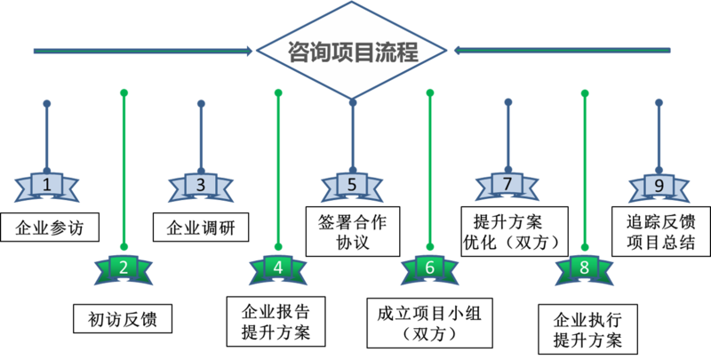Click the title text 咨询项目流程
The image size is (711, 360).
pyautogui.click(x=352, y=52)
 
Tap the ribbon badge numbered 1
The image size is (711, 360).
pyautogui.click(x=47, y=187)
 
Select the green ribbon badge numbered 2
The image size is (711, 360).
pyautogui.click(x=124, y=269)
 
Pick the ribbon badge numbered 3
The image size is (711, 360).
pyautogui.click(x=201, y=187)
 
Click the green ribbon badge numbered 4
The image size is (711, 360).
pyautogui.click(x=278, y=269)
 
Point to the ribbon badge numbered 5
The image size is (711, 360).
pyautogui.click(x=352, y=187)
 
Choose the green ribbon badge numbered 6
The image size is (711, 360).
pyautogui.click(x=430, y=269)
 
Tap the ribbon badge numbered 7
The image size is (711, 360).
pyautogui.click(x=507, y=186)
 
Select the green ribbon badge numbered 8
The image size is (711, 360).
pyautogui.click(x=585, y=269)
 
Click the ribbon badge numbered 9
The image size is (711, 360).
pyautogui.click(x=659, y=187)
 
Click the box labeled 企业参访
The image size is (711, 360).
pyautogui.click(x=50, y=228)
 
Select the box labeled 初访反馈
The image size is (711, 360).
pyautogui.click(x=123, y=319)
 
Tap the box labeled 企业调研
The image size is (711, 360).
pyautogui.click(x=201, y=228)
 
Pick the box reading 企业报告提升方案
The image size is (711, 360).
pyautogui.click(x=276, y=322)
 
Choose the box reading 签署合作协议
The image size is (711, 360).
pyautogui.click(x=353, y=232)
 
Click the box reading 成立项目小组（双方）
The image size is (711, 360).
pyautogui.click(x=430, y=323)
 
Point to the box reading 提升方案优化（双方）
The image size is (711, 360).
pyautogui.click(x=515, y=232)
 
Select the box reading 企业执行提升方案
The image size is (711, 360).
pyautogui.click(x=587, y=329)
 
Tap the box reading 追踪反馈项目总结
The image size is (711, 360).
pyautogui.click(x=661, y=232)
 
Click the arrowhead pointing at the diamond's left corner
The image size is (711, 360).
pyautogui.click(x=249, y=51)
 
